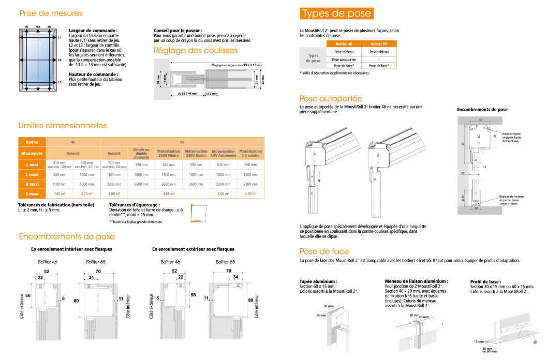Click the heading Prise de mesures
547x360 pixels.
51,13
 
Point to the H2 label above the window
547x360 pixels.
38,26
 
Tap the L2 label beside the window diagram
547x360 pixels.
60,60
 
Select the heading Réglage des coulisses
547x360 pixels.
196,51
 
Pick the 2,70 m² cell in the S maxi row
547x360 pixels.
86,193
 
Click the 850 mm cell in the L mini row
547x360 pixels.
250,164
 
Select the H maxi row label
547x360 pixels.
32,184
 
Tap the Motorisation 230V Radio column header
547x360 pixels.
196,154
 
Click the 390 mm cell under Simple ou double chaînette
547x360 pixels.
141,164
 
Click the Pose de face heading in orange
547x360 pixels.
323,251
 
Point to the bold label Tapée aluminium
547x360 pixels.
318,281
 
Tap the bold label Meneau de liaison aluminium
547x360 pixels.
417,281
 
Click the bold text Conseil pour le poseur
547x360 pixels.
178,31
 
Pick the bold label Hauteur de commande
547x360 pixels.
93,74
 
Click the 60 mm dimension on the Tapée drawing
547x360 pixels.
328,306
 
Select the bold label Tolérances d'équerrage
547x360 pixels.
131,205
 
